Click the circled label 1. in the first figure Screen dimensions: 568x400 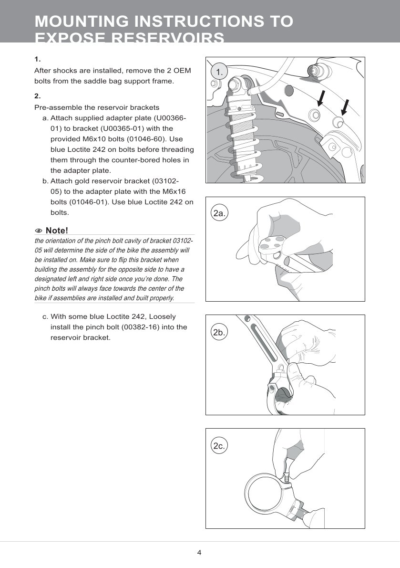tap(219, 72)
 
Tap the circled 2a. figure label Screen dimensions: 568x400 tap(219, 213)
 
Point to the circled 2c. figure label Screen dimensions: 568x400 tap(219, 446)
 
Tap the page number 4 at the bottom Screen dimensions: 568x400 tap(199, 553)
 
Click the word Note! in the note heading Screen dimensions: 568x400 tap(57, 231)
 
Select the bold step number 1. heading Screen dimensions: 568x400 tap(38, 60)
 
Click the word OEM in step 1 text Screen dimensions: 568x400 tap(181, 71)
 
